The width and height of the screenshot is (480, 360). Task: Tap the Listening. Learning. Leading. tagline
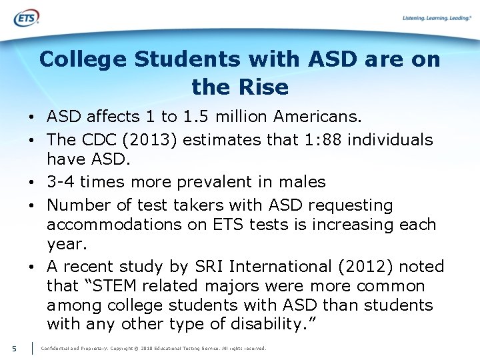(x=437, y=18)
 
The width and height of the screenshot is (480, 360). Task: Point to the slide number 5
(x=13, y=348)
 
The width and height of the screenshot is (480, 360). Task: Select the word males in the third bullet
(x=304, y=182)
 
